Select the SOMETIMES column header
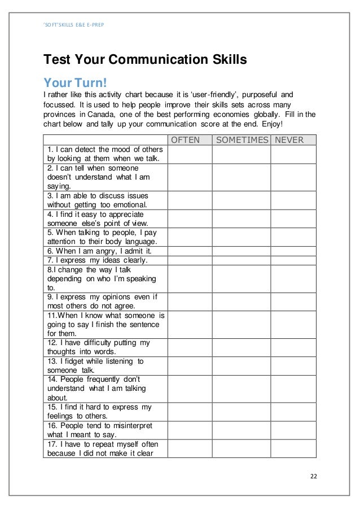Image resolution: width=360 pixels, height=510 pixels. click(242, 140)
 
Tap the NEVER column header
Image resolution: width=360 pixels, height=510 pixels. click(289, 140)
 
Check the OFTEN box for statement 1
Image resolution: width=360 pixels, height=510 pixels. click(190, 154)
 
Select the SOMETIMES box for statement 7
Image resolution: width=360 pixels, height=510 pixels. click(242, 260)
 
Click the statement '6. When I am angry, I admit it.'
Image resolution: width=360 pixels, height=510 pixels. click(99, 251)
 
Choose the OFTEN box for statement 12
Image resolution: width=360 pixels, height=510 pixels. click(190, 347)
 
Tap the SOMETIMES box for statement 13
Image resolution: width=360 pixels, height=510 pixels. click(242, 365)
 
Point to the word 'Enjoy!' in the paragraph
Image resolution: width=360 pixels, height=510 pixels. click(274, 124)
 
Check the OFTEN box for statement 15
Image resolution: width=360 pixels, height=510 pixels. click(190, 411)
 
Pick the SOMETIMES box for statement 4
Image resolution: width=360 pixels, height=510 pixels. click(242, 219)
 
